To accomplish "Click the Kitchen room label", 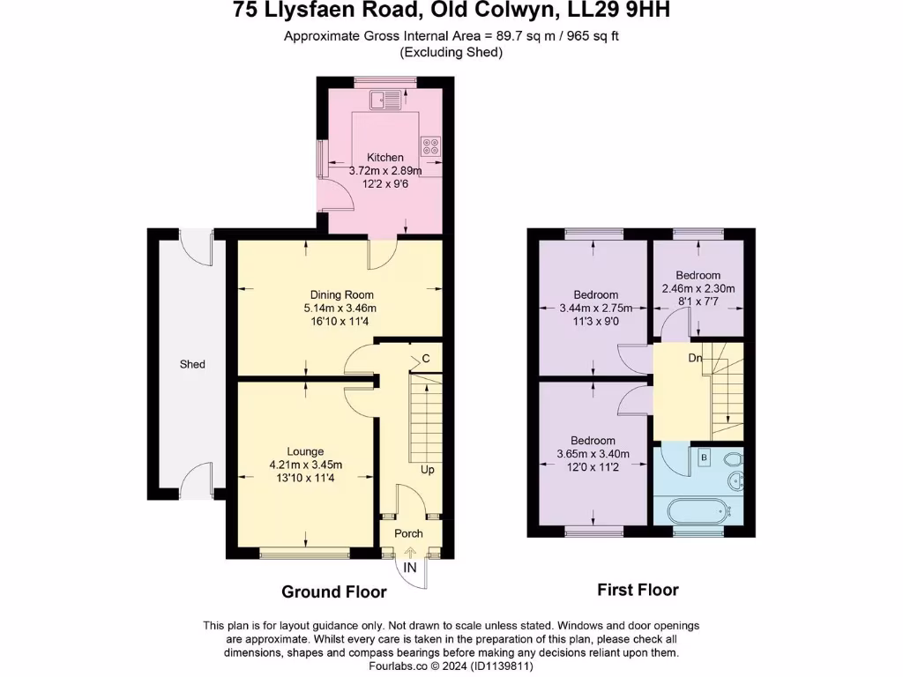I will [x=385, y=158].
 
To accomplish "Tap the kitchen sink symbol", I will [x=386, y=99].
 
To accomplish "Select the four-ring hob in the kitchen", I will [x=431, y=146].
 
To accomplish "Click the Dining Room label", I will [x=341, y=294].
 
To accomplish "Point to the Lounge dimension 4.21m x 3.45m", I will [x=305, y=465].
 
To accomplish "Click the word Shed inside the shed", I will [x=192, y=364].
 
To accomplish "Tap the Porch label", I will [x=408, y=533].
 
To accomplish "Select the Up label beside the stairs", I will [x=427, y=470].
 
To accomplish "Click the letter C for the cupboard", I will [x=425, y=358].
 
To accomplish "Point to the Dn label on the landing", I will [x=695, y=359].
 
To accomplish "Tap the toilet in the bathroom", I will [x=731, y=458].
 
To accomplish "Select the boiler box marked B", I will [x=705, y=458].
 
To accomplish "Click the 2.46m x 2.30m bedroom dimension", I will [x=698, y=288].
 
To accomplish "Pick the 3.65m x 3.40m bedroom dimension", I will [x=593, y=454].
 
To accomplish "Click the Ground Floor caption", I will [x=334, y=591].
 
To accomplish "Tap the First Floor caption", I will [x=638, y=590].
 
